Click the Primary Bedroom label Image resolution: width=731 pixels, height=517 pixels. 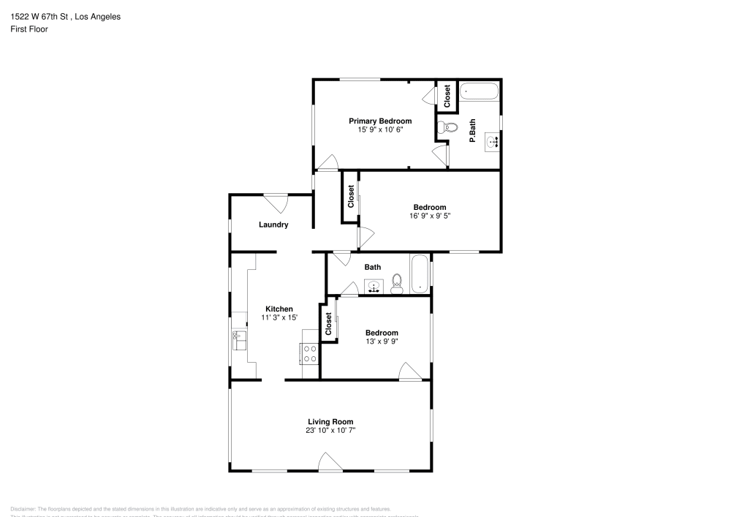[379, 121]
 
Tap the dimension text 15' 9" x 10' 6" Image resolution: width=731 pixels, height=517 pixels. [379, 129]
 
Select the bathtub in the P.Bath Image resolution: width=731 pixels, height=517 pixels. [480, 92]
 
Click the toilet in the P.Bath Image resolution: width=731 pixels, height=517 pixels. [449, 128]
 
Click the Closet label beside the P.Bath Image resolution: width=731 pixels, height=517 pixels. [447, 97]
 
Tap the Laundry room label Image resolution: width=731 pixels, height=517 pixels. [273, 224]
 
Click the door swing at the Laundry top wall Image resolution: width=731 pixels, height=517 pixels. [276, 203]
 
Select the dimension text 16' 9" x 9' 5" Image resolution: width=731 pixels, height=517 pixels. [429, 216]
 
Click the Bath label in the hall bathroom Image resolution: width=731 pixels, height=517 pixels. [373, 267]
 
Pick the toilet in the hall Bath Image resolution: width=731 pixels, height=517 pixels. [397, 283]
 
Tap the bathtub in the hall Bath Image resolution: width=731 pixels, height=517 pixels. [420, 274]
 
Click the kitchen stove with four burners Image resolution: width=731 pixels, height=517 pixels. [310, 354]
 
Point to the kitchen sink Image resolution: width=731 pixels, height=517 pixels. [239, 340]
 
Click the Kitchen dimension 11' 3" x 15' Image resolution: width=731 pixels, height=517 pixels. [279, 317]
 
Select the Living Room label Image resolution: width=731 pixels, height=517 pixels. [330, 421]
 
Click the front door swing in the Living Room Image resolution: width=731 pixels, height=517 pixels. [330, 461]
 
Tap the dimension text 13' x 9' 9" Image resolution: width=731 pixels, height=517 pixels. [382, 341]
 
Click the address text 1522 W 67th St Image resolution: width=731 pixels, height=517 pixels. [40, 16]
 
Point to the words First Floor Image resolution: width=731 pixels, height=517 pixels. [29, 29]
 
